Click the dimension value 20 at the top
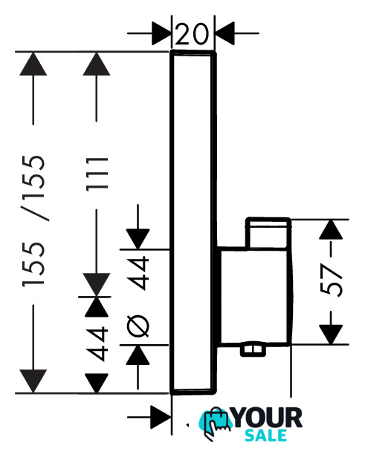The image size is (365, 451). [x=191, y=34]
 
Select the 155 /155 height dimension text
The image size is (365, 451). [x=33, y=220]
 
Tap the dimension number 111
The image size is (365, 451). [x=97, y=174]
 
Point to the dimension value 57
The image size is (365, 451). [x=332, y=280]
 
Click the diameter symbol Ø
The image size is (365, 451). [x=138, y=326]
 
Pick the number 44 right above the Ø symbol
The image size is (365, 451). [x=138, y=273]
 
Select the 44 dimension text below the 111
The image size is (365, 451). [x=97, y=343]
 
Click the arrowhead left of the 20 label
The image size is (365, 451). [x=161, y=33]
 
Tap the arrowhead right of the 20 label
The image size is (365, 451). [x=225, y=33]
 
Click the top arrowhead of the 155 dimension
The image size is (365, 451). [x=33, y=64]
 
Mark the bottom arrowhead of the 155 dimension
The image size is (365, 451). [x=33, y=381]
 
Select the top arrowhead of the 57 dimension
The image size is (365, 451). [x=331, y=229]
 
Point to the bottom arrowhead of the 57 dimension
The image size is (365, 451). [x=331, y=335]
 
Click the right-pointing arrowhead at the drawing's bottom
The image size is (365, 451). [x=161, y=417]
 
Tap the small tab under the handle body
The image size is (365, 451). [x=253, y=350]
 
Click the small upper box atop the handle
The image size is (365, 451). [x=268, y=233]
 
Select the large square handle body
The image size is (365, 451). [x=253, y=296]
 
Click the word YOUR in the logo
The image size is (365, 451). [x=268, y=418]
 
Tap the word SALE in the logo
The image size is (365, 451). [x=265, y=435]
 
